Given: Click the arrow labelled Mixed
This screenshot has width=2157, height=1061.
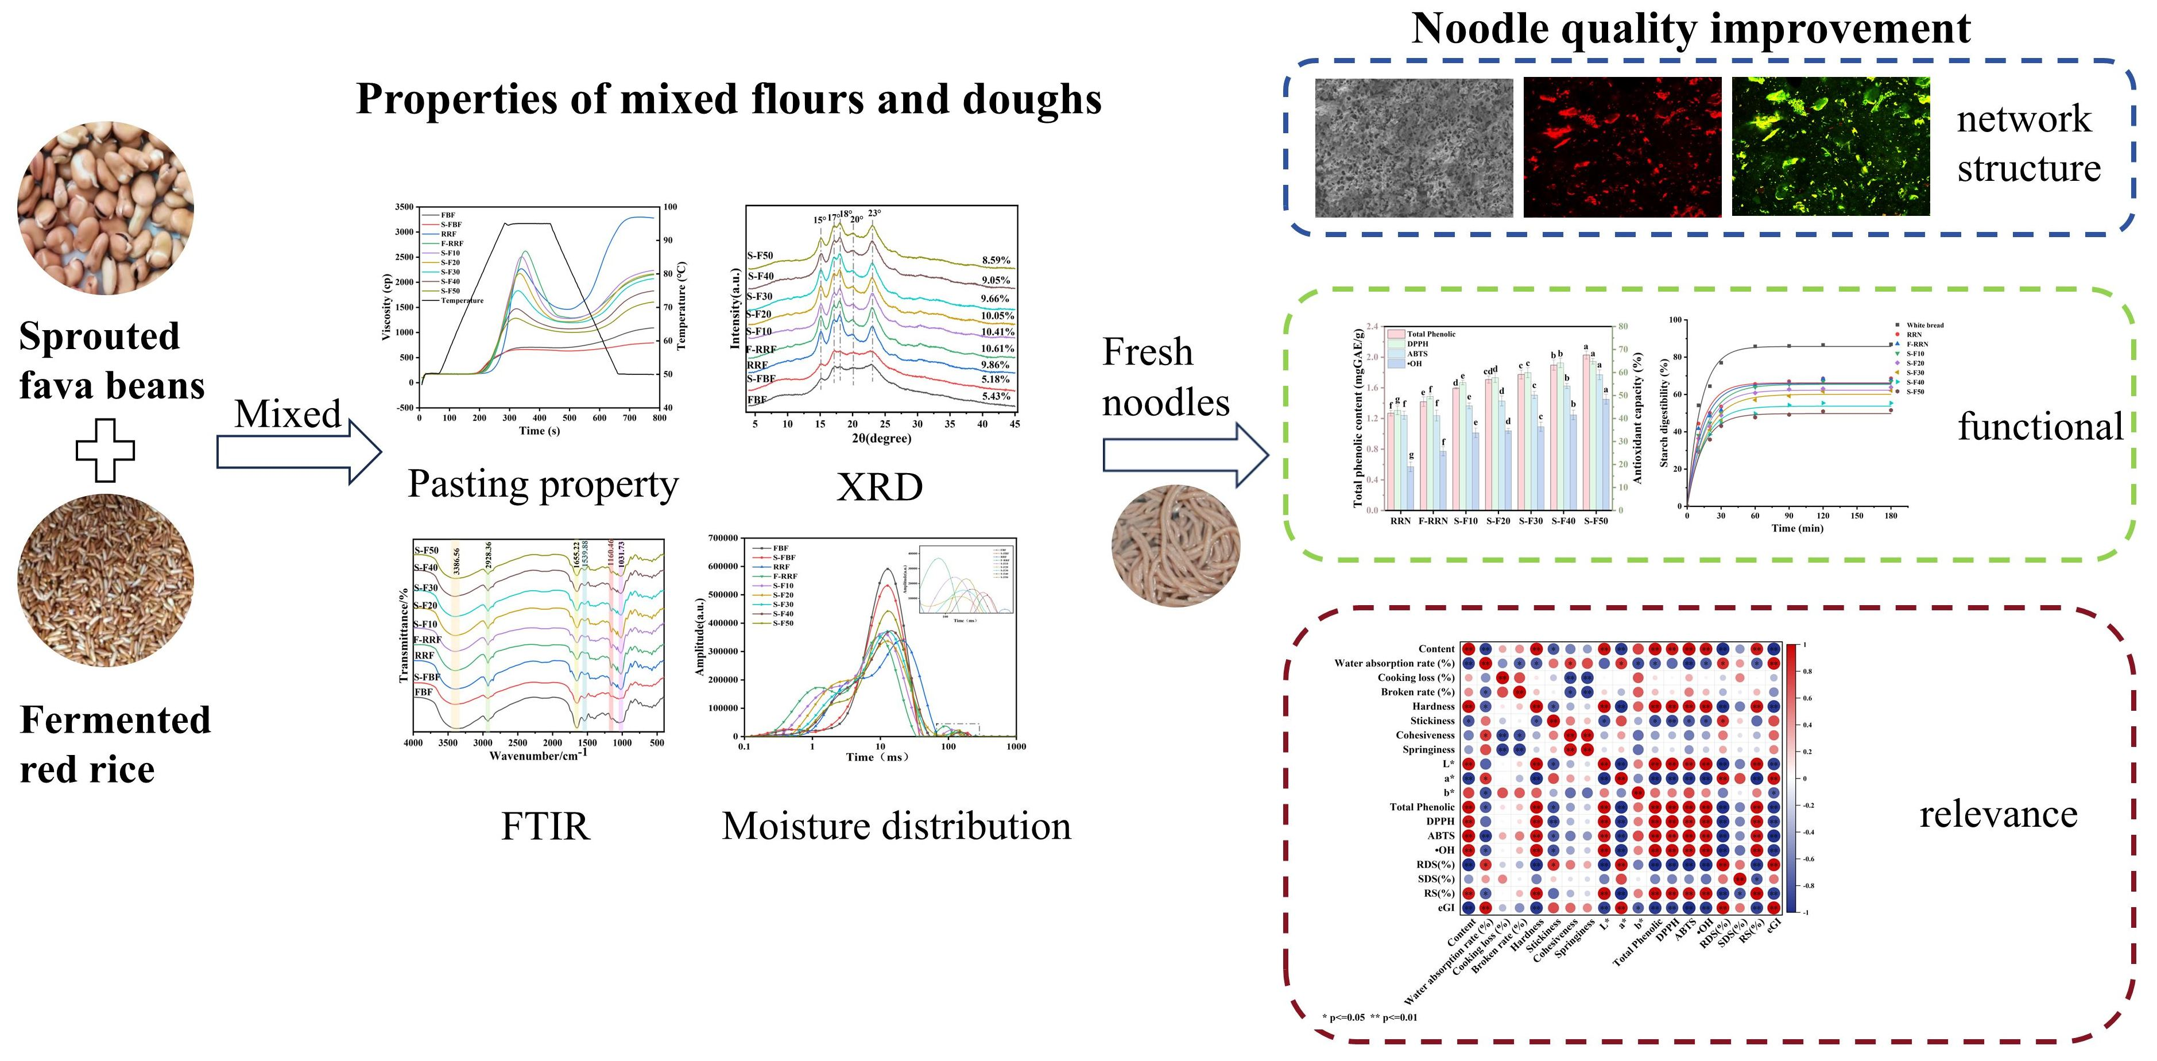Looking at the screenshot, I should click(298, 451).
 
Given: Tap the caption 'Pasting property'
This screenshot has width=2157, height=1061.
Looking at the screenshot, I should click(543, 484).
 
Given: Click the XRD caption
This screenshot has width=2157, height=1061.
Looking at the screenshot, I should click(879, 486).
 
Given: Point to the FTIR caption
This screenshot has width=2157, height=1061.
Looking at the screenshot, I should click(545, 827).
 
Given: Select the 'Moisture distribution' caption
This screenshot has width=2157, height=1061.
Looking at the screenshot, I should click(896, 827).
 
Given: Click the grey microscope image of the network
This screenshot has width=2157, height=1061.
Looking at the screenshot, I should click(1414, 148).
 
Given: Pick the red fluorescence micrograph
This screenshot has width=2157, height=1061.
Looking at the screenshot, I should click(1622, 148).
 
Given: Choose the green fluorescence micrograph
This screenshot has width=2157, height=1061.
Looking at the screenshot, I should click(1830, 148).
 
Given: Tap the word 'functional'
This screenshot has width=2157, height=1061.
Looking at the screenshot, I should click(2040, 426).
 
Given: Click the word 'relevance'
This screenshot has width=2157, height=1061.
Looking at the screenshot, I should click(1998, 814).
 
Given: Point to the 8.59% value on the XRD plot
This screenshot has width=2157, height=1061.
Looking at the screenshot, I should click(996, 261).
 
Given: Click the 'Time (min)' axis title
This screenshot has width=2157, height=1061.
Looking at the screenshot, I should click(1797, 528).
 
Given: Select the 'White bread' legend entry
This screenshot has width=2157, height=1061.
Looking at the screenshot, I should click(1924, 325).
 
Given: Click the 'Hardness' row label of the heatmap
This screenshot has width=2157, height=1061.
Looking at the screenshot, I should click(1432, 707).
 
